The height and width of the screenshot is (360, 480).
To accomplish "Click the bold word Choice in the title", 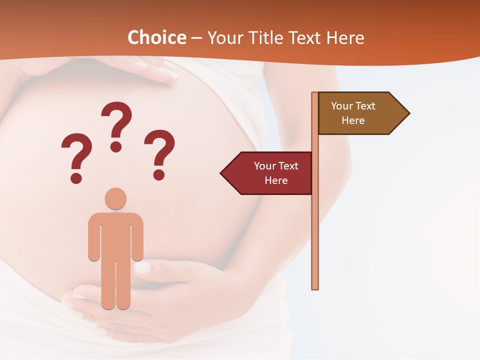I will click(156, 37).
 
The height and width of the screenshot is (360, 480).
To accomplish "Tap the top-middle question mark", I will click(116, 122).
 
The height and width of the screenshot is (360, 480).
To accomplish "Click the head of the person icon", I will click(115, 198).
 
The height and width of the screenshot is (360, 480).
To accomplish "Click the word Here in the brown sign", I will click(353, 120).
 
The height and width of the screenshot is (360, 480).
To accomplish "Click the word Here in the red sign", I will click(276, 180).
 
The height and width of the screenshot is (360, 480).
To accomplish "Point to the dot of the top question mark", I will click(116, 146).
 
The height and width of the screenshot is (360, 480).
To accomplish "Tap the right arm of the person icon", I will click(137, 240).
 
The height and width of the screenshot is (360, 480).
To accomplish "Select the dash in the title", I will click(196, 38).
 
